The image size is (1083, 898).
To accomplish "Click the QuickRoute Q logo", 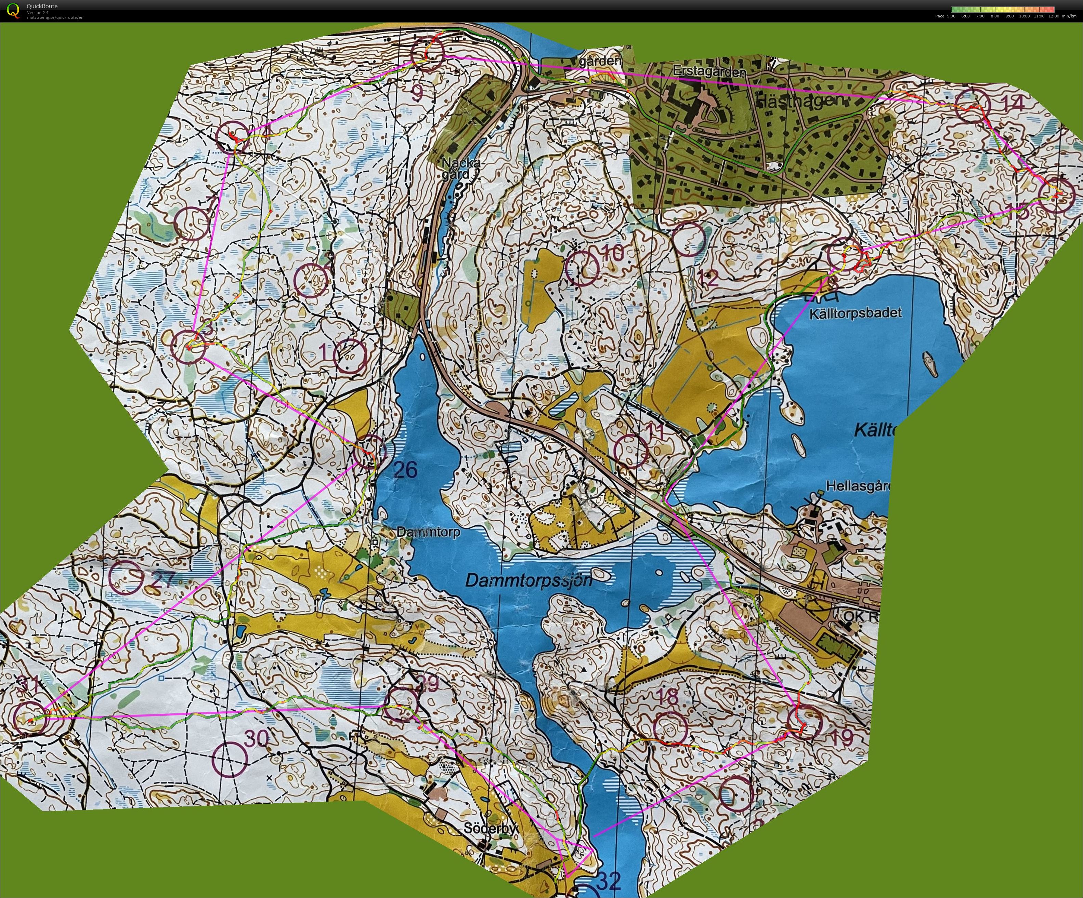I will (13, 10).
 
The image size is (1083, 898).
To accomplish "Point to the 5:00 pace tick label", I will (951, 16).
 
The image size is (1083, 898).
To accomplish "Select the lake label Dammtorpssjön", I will (529, 581).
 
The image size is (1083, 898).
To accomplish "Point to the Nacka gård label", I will (460, 168).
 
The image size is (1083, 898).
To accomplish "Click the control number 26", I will (405, 470).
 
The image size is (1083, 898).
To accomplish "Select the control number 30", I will (256, 739).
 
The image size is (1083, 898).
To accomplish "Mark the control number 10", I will (613, 253).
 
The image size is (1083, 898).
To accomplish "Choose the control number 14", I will (1012, 103).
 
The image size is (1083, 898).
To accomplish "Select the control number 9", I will (417, 93).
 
